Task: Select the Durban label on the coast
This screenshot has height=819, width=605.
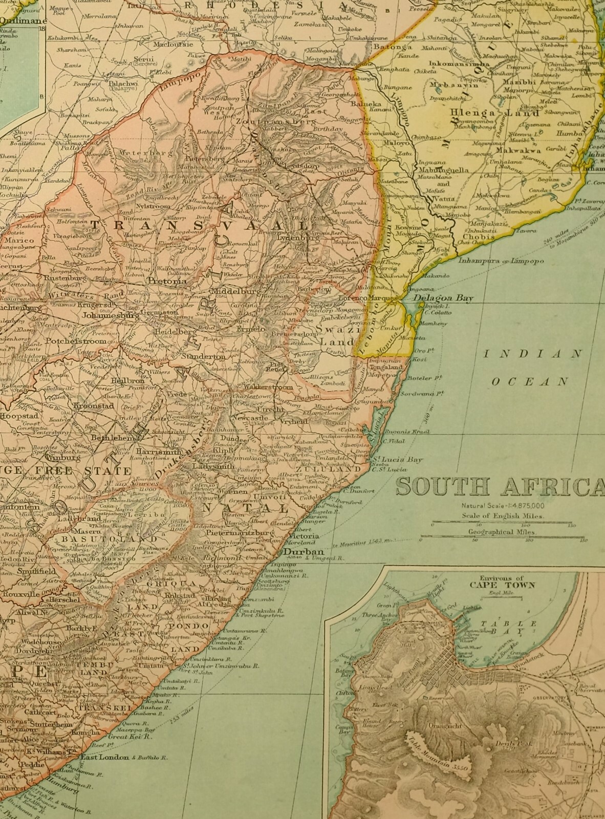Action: [304, 552]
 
